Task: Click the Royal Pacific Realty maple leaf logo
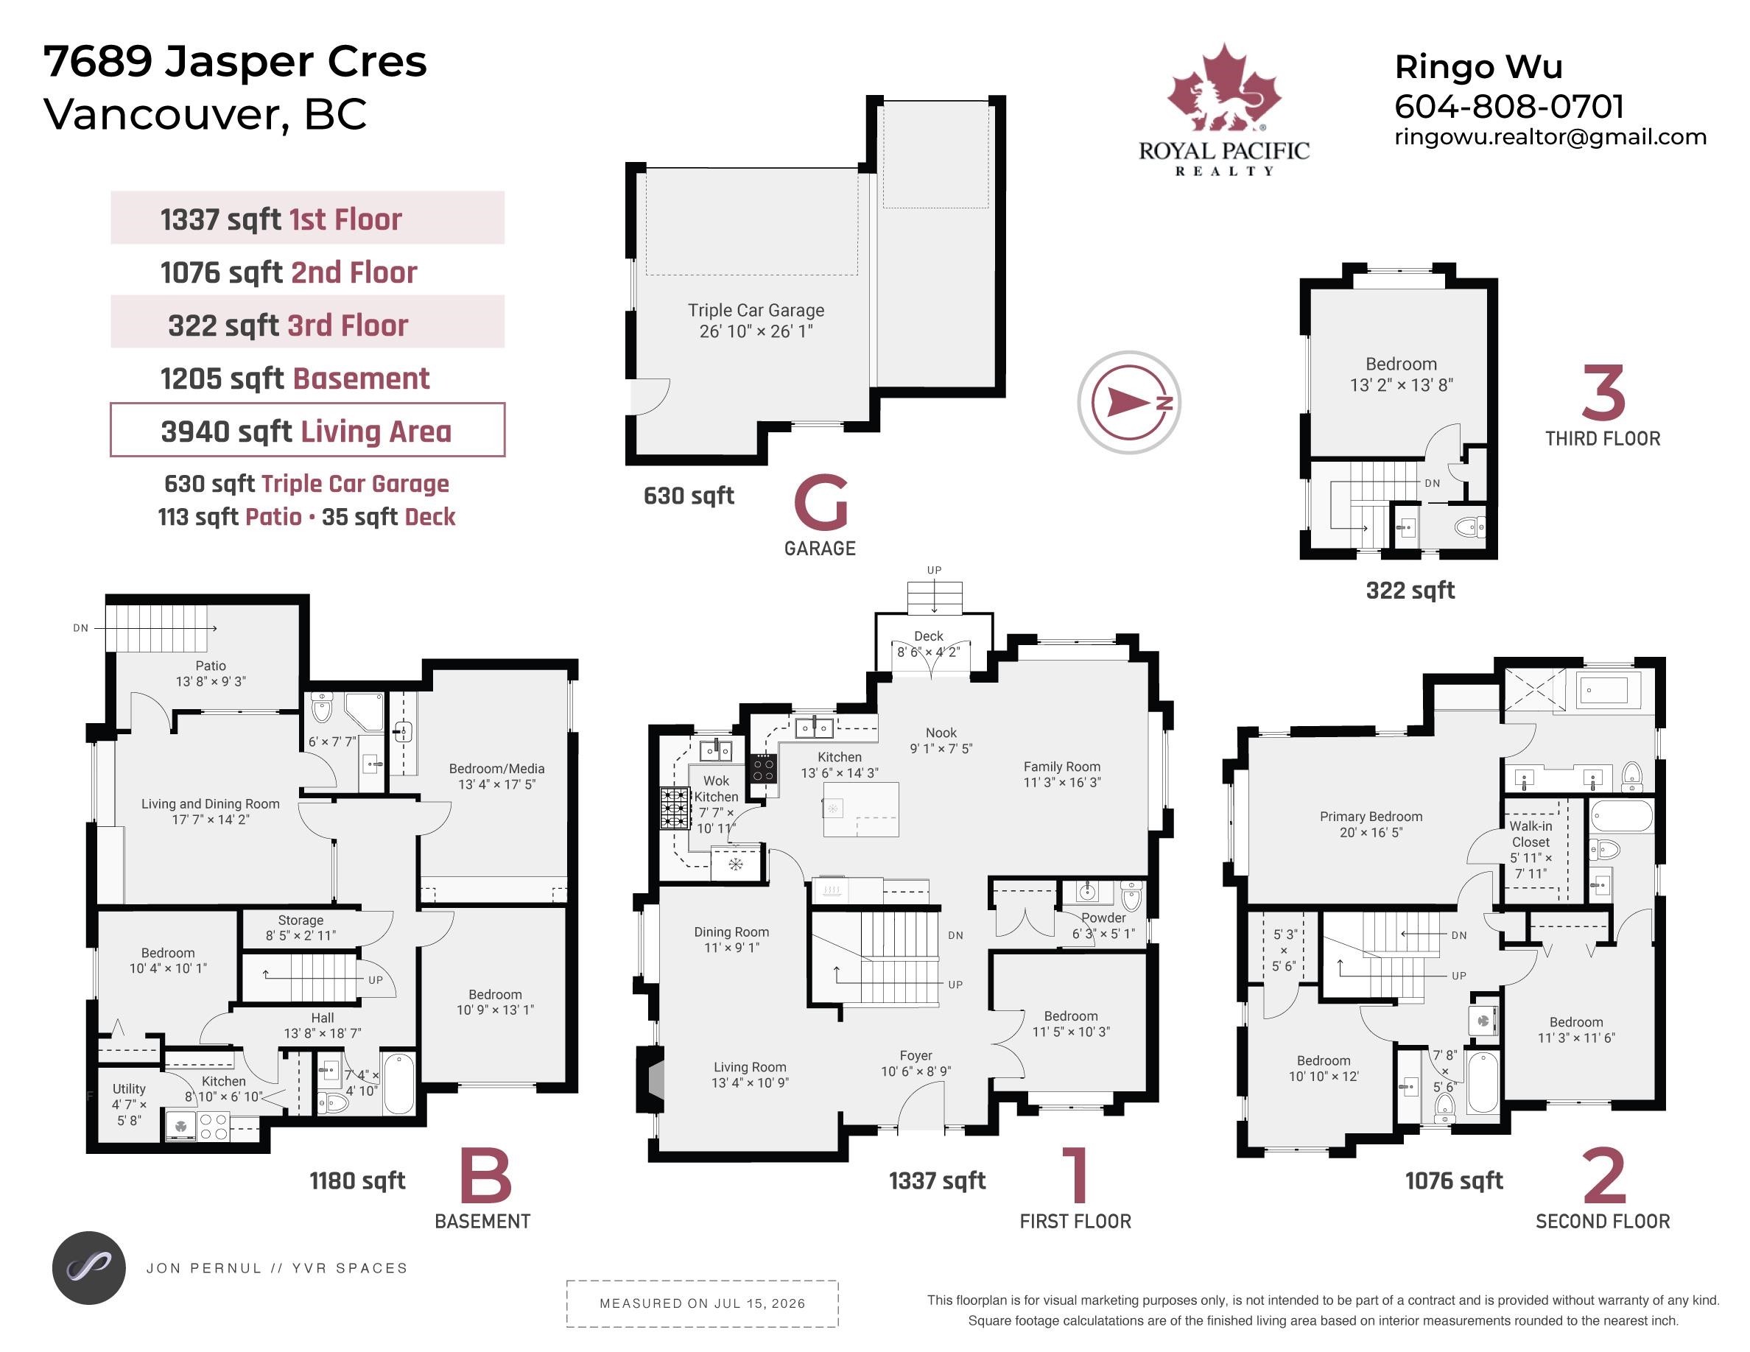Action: tap(1223, 88)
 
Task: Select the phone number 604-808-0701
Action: tap(1510, 107)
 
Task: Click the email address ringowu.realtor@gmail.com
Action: tap(1550, 137)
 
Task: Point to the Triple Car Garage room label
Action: tap(756, 320)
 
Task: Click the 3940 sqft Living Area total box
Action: tap(308, 430)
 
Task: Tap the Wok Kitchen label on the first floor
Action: tap(717, 789)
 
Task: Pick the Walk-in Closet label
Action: tap(1531, 834)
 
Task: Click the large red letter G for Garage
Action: tap(820, 502)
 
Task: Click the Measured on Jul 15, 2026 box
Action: tap(702, 1303)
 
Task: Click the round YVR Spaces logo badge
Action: tap(89, 1268)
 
